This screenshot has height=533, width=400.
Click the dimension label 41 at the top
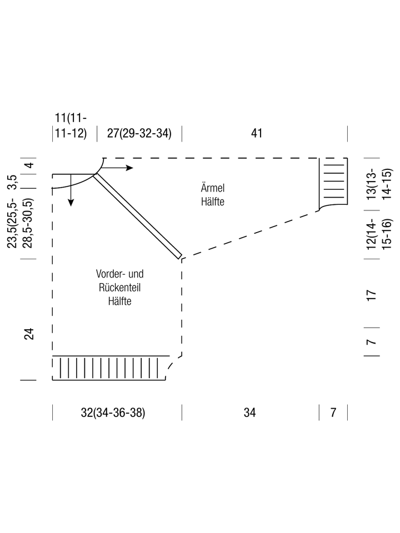[257, 133]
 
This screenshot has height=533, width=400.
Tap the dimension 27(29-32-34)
[139, 133]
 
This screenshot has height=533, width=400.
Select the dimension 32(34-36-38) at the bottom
[113, 413]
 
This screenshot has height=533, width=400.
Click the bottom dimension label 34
[249, 413]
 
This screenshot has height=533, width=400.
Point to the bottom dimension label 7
[333, 413]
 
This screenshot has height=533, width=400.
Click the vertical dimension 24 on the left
[29, 334]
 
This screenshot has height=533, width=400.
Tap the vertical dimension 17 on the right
[372, 295]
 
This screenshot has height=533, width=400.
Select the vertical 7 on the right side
[372, 341]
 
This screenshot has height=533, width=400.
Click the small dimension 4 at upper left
[30, 165]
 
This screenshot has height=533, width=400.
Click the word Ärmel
[213, 188]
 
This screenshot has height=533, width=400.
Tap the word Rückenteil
[120, 287]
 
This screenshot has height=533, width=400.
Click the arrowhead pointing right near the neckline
[129, 168]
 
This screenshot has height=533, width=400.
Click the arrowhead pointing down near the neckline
[71, 203]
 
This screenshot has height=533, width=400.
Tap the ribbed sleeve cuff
[333, 182]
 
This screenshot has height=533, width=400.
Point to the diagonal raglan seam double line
[137, 216]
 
